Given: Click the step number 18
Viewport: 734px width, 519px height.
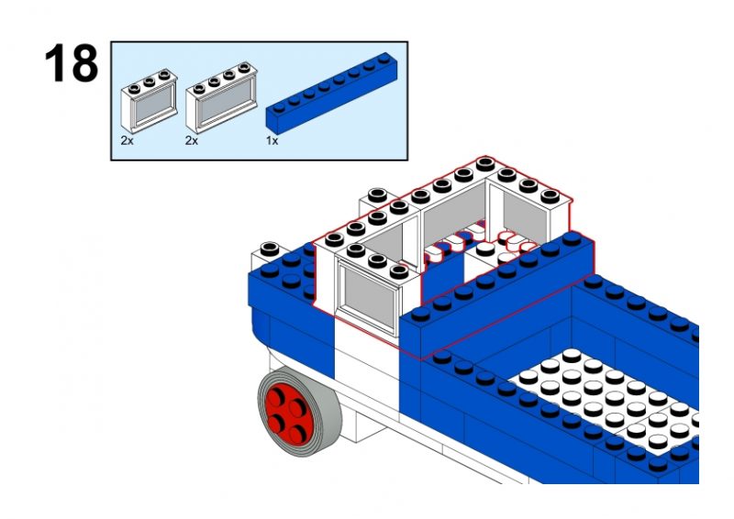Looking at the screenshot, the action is point(72,63).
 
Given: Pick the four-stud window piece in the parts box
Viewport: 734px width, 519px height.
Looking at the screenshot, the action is point(221,97).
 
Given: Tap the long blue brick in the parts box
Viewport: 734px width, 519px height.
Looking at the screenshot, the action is point(332,91).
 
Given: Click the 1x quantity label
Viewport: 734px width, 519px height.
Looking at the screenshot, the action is point(272,140).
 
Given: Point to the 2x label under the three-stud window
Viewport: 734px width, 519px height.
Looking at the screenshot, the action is point(127,140).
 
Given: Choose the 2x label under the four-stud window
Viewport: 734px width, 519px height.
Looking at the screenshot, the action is point(192,140).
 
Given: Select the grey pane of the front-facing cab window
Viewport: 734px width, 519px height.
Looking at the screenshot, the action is point(370,300).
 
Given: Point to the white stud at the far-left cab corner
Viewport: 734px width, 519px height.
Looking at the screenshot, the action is point(270,248).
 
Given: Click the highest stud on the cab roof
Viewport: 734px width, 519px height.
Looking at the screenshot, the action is point(486,164).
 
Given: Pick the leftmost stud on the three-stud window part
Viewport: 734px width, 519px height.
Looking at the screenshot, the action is point(134,87).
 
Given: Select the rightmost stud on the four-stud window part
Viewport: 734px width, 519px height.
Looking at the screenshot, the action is point(244,67).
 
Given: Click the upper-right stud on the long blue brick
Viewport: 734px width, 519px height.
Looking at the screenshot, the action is point(384,59).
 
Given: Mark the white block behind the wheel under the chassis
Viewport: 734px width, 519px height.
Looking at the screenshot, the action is point(370,425).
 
